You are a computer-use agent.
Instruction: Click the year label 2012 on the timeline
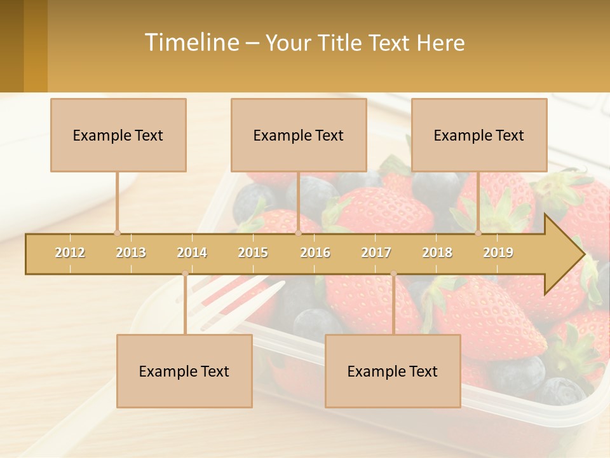pyautogui.click(x=70, y=253)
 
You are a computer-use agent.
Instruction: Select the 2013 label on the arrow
pyautogui.click(x=131, y=253)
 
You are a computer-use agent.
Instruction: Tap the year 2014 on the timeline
pyautogui.click(x=192, y=253)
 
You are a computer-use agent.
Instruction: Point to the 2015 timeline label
pyautogui.click(x=253, y=253)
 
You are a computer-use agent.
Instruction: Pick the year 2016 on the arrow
pyautogui.click(x=315, y=253)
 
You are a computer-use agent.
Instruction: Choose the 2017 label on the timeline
pyautogui.click(x=376, y=253)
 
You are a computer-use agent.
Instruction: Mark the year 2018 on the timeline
pyautogui.click(x=437, y=253)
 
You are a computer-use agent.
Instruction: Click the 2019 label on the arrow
pyautogui.click(x=498, y=253)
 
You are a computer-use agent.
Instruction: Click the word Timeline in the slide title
pyautogui.click(x=191, y=43)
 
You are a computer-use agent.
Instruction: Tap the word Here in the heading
pyautogui.click(x=441, y=43)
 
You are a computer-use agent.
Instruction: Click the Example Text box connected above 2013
pyautogui.click(x=118, y=135)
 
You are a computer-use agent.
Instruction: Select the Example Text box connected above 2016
pyautogui.click(x=299, y=135)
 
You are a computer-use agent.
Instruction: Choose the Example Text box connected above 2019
pyautogui.click(x=479, y=135)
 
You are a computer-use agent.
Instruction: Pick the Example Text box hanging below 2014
pyautogui.click(x=184, y=371)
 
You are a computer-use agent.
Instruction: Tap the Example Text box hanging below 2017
pyautogui.click(x=393, y=371)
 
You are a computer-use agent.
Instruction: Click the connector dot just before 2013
pyautogui.click(x=117, y=233)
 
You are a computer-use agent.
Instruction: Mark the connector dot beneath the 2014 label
pyautogui.click(x=185, y=274)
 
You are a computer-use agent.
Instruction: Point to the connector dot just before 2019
pyautogui.click(x=478, y=233)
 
